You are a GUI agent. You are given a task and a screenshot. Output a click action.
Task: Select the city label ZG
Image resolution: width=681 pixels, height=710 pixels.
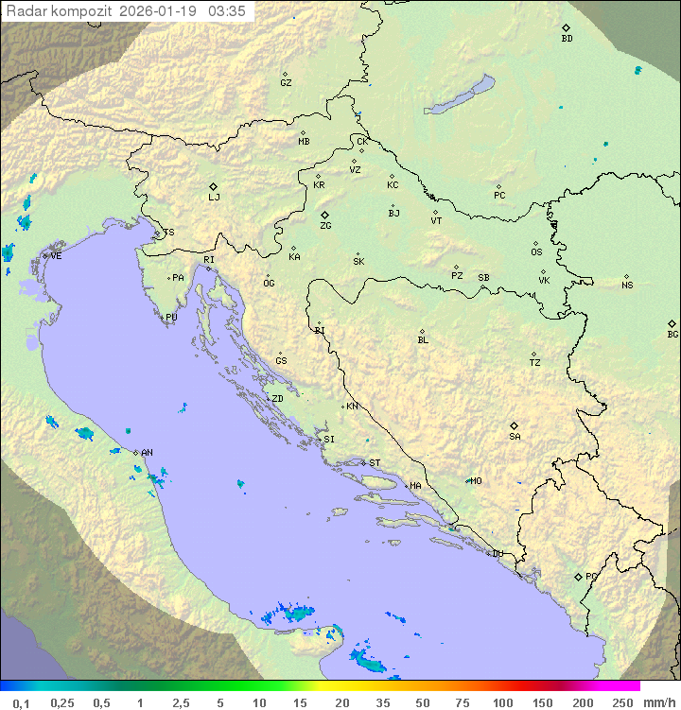click(x=325, y=226)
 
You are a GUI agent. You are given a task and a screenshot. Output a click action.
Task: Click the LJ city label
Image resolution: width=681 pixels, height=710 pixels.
click(x=214, y=198)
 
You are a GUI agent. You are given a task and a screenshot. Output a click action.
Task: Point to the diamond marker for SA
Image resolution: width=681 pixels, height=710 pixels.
click(x=515, y=425)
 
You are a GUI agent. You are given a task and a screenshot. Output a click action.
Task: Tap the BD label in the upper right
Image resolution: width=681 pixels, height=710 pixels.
click(x=567, y=39)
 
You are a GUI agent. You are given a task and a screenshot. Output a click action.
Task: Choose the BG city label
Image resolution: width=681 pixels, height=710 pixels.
click(x=672, y=334)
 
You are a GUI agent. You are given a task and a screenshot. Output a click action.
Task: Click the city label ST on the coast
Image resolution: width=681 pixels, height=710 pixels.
click(x=375, y=463)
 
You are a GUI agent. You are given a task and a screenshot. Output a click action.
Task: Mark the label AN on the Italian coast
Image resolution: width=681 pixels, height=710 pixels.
click(x=147, y=453)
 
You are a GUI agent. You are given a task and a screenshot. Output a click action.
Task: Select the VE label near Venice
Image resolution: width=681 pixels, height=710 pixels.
click(x=56, y=256)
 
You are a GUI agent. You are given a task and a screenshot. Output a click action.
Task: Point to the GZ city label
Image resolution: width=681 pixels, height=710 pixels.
click(x=286, y=83)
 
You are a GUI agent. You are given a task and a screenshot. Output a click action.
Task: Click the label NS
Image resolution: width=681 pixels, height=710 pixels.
click(x=627, y=286)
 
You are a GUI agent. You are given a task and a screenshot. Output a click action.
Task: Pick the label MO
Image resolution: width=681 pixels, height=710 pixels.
click(x=476, y=480)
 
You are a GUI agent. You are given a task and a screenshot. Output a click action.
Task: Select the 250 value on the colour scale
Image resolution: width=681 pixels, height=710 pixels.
click(x=621, y=702)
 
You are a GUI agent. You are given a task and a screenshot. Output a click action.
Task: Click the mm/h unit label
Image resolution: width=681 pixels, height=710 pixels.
click(x=657, y=702)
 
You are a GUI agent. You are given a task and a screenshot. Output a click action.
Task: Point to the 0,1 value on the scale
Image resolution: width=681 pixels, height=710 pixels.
click(x=21, y=702)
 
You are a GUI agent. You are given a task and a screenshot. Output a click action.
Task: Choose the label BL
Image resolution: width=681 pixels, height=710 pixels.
click(x=423, y=340)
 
